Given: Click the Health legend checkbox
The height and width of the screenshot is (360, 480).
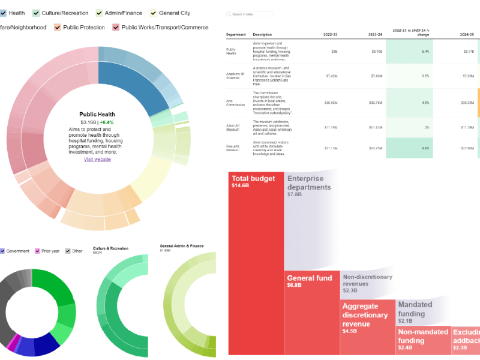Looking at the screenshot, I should point(3,13).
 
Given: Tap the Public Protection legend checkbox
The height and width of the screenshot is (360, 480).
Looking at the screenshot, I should point(58,27).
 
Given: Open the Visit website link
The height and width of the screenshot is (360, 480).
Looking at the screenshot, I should point(97,159).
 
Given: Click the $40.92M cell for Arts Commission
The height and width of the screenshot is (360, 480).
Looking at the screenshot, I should point(329,103).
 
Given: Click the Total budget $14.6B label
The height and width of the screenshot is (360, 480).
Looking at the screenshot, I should point(253,182).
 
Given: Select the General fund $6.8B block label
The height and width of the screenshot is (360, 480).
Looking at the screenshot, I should point(309,281).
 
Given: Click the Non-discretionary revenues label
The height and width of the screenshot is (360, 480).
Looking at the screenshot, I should point(367,280).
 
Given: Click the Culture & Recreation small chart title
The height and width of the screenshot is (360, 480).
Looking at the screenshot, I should point(110,248).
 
